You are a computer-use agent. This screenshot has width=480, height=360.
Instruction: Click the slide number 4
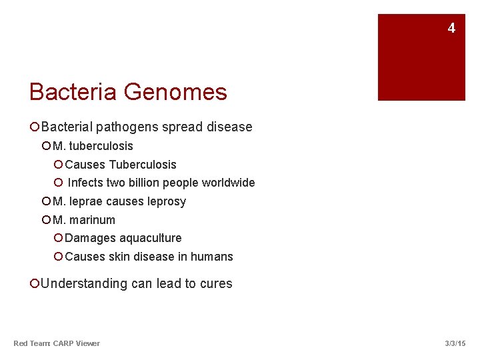click(451, 28)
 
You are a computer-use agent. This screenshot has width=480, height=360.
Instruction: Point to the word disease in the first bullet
click(229, 127)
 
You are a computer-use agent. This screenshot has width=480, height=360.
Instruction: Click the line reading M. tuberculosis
click(93, 146)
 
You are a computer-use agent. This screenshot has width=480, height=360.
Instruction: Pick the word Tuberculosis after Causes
click(143, 165)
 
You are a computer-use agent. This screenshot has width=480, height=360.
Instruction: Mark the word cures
click(215, 283)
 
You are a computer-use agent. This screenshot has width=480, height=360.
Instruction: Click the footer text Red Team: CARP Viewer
click(57, 343)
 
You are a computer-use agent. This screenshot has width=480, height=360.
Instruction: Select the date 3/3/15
click(455, 343)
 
